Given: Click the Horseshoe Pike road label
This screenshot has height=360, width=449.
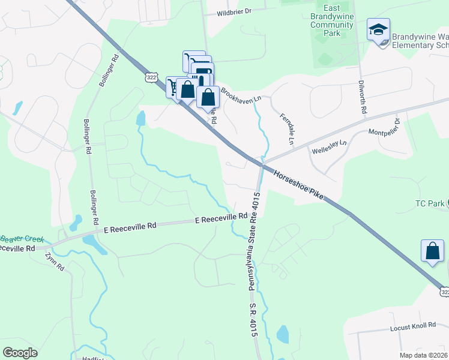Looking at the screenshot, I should [299, 185].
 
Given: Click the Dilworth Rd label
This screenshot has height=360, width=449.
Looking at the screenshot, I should [363, 96].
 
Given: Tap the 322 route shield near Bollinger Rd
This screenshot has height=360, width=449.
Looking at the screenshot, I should [151, 77].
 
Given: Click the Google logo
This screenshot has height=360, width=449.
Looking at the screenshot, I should [20, 353].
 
